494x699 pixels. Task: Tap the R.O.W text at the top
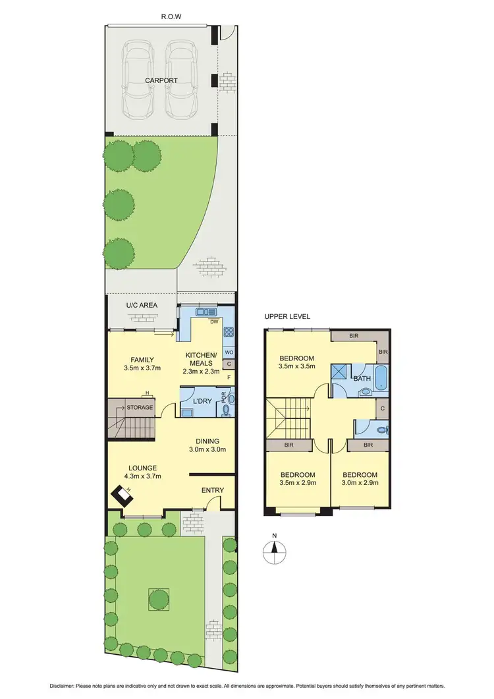(172, 16)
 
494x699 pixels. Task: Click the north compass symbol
(275, 549)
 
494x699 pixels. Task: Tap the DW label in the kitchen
(213, 322)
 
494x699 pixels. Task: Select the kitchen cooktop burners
(229, 333)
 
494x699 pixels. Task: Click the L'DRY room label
(200, 401)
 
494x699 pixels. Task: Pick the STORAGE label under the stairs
(140, 407)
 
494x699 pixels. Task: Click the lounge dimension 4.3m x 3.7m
(142, 477)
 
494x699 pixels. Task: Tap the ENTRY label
(213, 490)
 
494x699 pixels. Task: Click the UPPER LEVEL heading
(287, 317)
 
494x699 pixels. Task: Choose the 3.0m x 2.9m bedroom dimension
(360, 483)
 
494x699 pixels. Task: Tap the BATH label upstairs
(362, 379)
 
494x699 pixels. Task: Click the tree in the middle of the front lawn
(158, 599)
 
